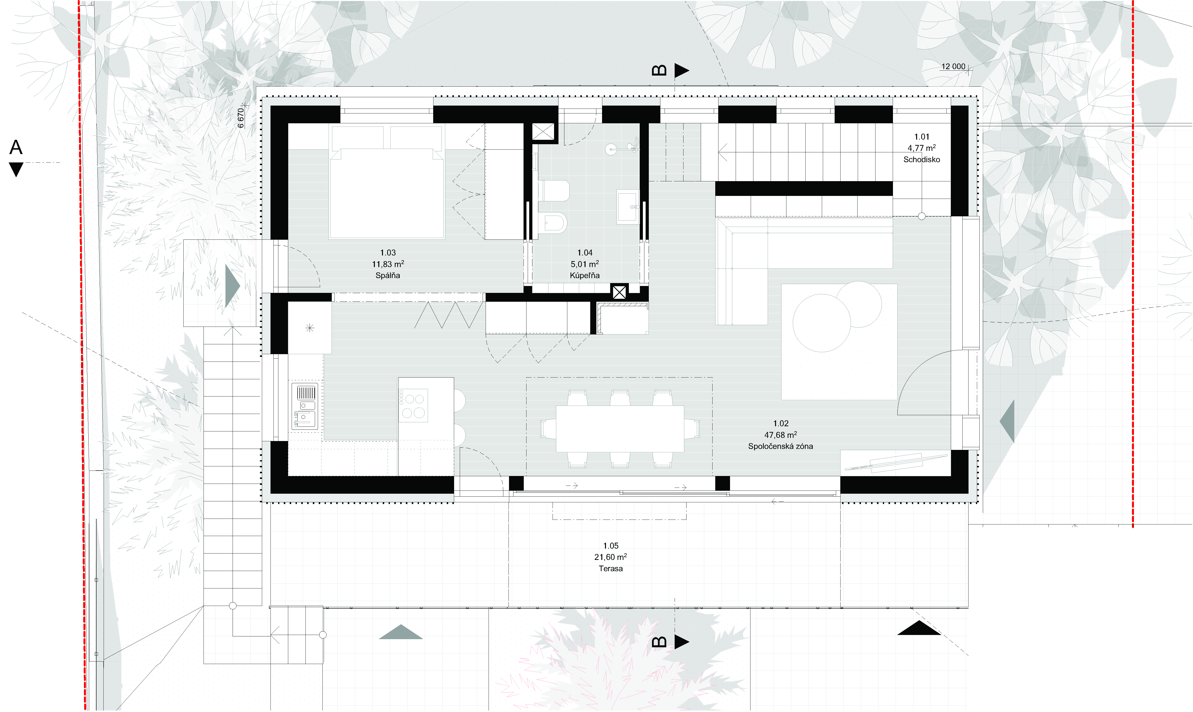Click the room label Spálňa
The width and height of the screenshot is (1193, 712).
[388, 275]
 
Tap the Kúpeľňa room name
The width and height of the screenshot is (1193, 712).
[585, 275]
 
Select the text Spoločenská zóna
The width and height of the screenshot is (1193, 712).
[780, 446]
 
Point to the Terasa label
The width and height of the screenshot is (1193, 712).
[611, 569]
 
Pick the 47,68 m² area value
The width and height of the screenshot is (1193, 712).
[780, 435]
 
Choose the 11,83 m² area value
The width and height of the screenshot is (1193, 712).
[388, 264]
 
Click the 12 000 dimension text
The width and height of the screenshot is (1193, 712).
[953, 67]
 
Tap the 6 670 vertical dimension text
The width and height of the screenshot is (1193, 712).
[241, 118]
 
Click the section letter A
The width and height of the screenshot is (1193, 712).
[16, 147]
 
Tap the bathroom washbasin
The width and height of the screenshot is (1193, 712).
[627, 206]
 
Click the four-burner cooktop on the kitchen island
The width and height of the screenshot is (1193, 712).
[413, 405]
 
